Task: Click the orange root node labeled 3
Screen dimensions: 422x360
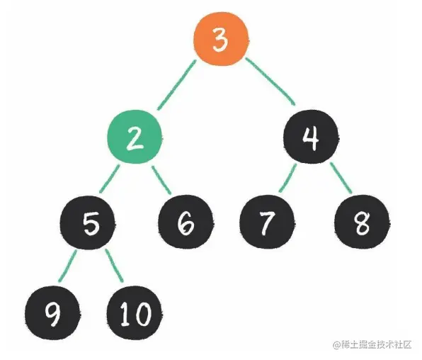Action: (221, 39)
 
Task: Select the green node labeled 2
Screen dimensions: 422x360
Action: (135, 137)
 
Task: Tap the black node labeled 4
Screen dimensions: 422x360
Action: (311, 137)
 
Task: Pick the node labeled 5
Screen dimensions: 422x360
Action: (88, 223)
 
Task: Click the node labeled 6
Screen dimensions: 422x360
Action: (186, 222)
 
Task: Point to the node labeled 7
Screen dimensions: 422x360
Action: (267, 222)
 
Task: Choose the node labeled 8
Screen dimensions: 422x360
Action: (363, 222)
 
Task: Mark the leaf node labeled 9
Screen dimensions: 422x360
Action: (52, 313)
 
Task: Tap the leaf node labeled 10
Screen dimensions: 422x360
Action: (135, 313)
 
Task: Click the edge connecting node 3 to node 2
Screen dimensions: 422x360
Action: (176, 85)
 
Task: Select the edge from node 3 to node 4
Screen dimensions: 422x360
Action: (270, 81)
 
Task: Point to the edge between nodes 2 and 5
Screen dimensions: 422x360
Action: (109, 179)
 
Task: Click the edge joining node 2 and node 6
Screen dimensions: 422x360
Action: (161, 180)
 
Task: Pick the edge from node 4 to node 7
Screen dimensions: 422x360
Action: (287, 178)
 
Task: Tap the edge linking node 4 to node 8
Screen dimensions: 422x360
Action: (341, 178)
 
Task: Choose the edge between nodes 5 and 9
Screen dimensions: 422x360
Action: (67, 266)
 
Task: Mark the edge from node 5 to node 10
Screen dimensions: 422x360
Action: (114, 266)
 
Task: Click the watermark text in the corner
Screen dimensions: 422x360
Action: (372, 344)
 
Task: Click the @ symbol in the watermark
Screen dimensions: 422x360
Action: (337, 344)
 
